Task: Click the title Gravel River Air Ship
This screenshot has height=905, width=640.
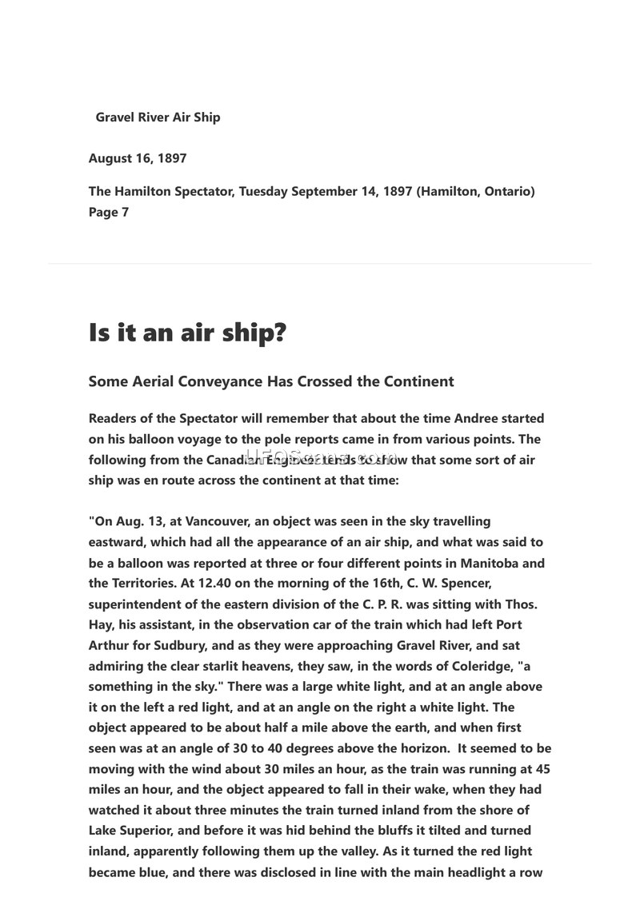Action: tap(158, 118)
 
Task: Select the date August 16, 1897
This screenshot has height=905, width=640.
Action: tap(138, 158)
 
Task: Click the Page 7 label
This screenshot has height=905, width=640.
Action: tap(108, 213)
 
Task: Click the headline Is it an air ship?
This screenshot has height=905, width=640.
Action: tap(187, 333)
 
